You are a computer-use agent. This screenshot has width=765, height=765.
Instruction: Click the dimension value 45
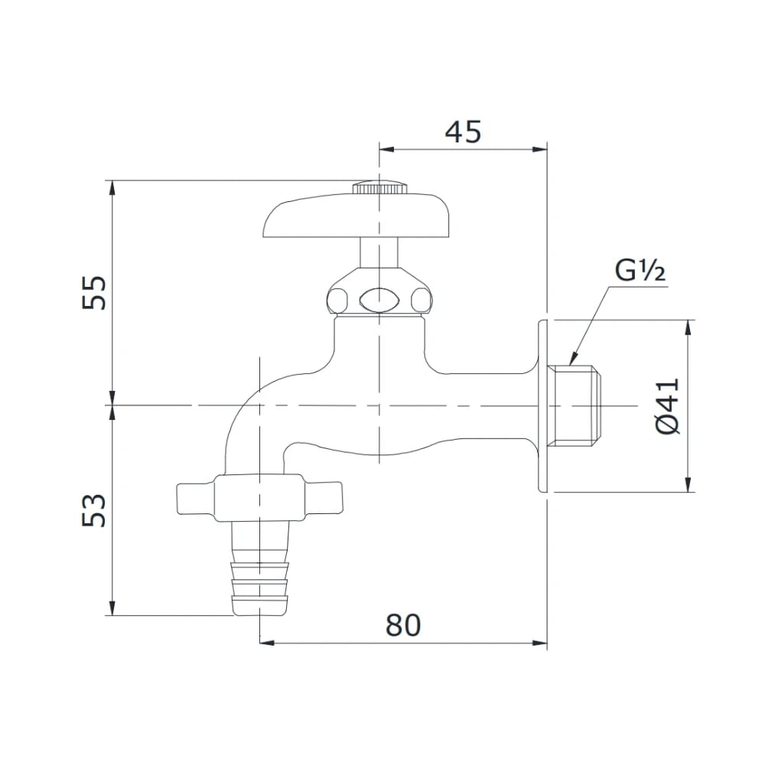[x=464, y=132]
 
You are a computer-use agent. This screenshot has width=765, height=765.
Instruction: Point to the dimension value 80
[x=403, y=625]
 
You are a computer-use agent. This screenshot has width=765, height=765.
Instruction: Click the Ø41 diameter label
[x=666, y=405]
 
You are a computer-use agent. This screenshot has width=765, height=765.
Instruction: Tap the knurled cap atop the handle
[x=378, y=187]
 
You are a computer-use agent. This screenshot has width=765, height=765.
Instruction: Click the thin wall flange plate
[x=544, y=405]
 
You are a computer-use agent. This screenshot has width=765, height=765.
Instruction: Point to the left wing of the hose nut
[x=196, y=498]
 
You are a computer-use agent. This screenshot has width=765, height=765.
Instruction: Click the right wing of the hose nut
[x=324, y=498]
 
